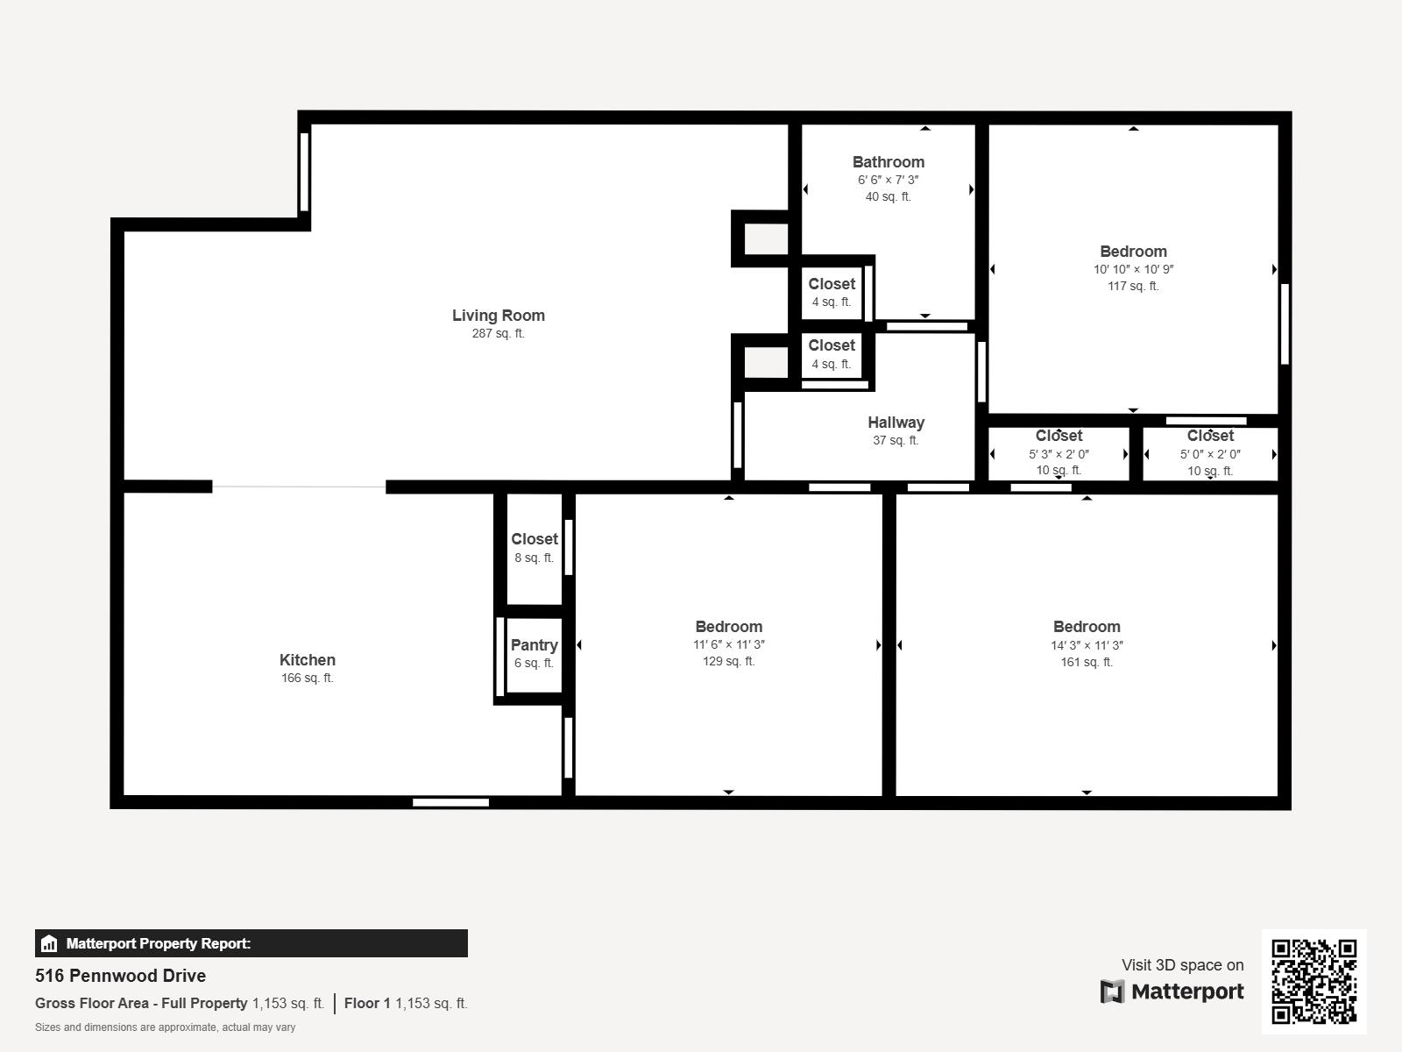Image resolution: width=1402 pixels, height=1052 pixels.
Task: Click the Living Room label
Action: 499,316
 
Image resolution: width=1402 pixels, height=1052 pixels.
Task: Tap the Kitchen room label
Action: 308,660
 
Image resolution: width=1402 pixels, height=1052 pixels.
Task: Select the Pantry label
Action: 534,645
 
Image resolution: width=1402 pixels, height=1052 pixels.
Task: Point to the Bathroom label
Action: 889,162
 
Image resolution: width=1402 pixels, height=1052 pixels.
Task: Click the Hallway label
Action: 896,423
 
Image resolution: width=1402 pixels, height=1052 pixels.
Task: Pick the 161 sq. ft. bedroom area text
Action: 1087,663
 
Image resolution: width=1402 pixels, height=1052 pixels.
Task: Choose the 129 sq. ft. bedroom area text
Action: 729,662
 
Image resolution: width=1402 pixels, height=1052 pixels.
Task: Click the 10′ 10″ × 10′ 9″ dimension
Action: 1133,269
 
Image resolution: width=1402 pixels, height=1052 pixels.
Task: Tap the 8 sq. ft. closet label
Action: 534,558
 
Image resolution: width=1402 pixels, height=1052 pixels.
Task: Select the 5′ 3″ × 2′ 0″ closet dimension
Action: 1059,454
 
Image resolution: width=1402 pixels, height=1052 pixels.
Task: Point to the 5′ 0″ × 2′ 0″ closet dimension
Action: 1210,454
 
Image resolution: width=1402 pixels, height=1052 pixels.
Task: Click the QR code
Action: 1313,982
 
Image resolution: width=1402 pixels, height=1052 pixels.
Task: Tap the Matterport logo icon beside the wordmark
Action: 1112,992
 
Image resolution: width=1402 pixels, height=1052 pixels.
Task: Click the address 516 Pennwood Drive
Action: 121,976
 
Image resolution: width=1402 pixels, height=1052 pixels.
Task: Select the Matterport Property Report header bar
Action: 251,943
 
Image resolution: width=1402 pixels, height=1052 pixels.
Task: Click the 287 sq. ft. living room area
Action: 499,333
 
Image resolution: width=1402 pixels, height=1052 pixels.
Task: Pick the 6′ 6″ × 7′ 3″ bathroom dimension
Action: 889,180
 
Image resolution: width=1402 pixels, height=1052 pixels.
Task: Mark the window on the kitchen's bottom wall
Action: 450,803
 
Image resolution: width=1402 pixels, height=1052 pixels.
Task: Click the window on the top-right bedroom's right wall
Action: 1285,323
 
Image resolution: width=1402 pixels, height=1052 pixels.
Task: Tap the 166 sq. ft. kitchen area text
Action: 308,679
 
